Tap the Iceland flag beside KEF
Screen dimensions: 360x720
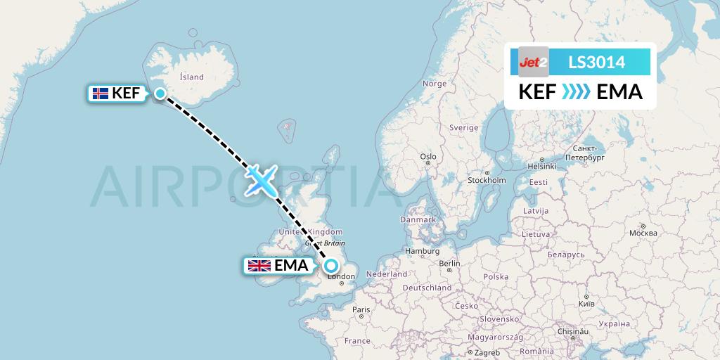(101, 93)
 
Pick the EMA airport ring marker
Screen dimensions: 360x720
(330, 265)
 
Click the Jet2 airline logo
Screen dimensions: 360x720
(533, 63)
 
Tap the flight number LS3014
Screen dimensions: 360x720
(596, 63)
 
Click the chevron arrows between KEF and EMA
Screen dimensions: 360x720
(577, 92)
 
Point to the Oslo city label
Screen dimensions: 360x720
(427, 156)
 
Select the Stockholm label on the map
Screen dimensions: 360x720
(487, 179)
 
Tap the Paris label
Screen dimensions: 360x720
(361, 309)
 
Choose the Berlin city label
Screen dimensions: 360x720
(450, 264)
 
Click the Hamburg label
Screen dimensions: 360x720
(422, 251)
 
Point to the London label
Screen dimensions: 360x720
(341, 276)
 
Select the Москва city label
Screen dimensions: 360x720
(643, 233)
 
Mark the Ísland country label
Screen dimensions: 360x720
(191, 77)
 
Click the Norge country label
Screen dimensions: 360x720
(434, 83)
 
